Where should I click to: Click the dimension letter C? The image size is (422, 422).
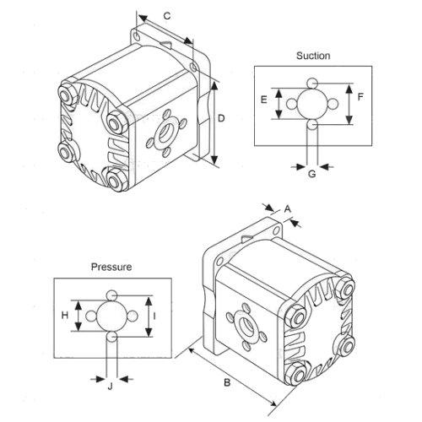[167, 16]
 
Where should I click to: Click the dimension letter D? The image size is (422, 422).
[221, 118]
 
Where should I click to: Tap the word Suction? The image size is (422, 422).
[313, 56]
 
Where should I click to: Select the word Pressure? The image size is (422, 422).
[111, 267]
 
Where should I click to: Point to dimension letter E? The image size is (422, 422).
[263, 100]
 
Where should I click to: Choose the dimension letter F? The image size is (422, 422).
[360, 97]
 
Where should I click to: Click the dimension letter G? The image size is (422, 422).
[312, 174]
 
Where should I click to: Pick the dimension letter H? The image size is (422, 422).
[65, 316]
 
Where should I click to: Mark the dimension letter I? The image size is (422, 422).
[154, 316]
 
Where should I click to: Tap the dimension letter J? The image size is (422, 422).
[110, 387]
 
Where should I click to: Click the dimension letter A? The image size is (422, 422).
[287, 209]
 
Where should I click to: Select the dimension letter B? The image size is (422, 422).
[227, 382]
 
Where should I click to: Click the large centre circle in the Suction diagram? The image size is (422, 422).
[312, 104]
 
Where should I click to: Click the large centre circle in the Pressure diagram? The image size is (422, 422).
[111, 316]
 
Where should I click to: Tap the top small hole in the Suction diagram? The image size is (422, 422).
[312, 84]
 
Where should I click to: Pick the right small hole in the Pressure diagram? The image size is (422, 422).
[132, 316]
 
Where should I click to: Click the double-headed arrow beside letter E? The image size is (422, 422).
[279, 104]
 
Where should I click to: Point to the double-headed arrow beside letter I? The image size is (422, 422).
[149, 316]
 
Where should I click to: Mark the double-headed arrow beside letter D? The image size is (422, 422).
[214, 123]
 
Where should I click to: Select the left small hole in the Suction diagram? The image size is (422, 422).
[292, 104]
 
